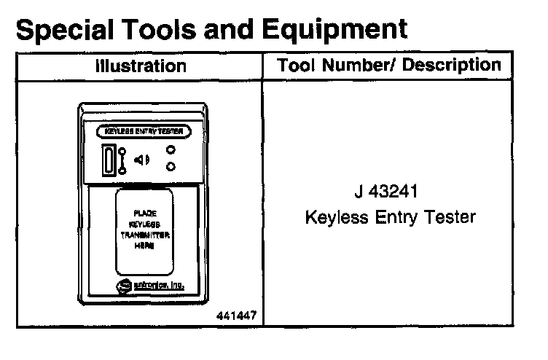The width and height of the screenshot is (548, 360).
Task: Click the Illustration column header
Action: (x=141, y=66)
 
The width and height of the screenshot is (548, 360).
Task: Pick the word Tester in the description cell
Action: (x=450, y=217)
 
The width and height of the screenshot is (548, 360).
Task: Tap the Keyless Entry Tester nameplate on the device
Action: (x=144, y=132)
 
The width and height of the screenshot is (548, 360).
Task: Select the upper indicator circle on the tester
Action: (x=171, y=150)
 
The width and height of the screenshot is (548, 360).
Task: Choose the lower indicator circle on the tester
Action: (x=171, y=167)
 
